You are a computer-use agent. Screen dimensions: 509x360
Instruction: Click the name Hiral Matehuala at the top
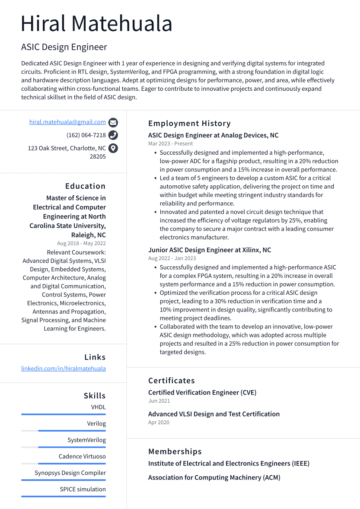pyautogui.click(x=97, y=24)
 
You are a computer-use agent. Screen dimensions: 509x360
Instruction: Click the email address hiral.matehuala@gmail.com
pyautogui.click(x=67, y=122)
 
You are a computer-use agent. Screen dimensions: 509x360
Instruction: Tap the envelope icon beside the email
pyautogui.click(x=113, y=122)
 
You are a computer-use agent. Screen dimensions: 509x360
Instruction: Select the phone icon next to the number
pyautogui.click(x=113, y=135)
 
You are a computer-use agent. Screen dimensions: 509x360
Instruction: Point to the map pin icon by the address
pyautogui.click(x=113, y=148)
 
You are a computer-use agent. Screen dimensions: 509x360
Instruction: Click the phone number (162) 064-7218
pyautogui.click(x=86, y=135)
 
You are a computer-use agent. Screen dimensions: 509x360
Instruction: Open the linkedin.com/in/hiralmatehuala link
pyautogui.click(x=64, y=369)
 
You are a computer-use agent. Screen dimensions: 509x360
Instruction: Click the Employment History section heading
pyautogui.click(x=189, y=124)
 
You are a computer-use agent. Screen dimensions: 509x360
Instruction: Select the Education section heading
pyautogui.click(x=85, y=186)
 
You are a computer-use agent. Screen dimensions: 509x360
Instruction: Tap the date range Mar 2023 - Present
pyautogui.click(x=170, y=144)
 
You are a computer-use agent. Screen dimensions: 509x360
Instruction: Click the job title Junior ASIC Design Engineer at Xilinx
pyautogui.click(x=210, y=250)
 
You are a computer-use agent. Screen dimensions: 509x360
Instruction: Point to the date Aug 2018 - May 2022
pyautogui.click(x=81, y=244)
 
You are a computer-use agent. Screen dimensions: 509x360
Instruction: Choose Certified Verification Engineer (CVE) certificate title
pyautogui.click(x=202, y=393)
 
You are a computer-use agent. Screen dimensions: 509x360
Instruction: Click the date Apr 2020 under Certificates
pyautogui.click(x=159, y=423)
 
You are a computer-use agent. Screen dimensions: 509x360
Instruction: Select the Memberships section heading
pyautogui.click(x=175, y=452)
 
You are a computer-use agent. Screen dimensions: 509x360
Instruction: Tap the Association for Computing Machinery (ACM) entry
pyautogui.click(x=214, y=478)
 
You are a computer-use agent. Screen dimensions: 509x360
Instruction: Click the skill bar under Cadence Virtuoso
pyautogui.click(x=64, y=464)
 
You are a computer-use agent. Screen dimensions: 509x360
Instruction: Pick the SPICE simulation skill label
pyautogui.click(x=83, y=490)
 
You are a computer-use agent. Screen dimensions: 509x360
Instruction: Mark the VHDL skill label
pyautogui.click(x=98, y=407)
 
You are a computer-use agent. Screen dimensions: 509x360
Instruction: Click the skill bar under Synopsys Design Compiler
pyautogui.click(x=64, y=480)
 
